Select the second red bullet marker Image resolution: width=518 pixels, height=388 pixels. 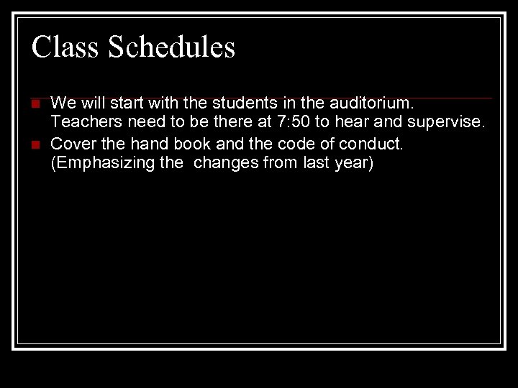[x=35, y=145]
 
